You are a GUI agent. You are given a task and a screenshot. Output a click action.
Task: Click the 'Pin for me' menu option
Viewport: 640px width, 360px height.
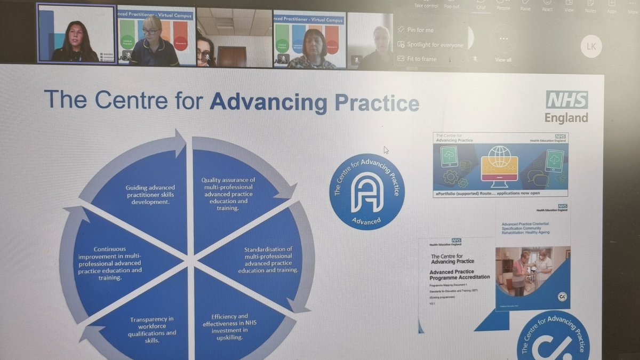pyautogui.click(x=420, y=30)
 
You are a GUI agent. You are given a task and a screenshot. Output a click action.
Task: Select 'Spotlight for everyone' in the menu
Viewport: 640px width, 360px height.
pyautogui.click(x=434, y=45)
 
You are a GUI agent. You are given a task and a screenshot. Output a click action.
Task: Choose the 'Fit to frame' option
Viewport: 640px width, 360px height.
pyautogui.click(x=421, y=59)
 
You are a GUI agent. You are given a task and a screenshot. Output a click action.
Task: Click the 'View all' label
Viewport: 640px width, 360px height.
pyautogui.click(x=503, y=60)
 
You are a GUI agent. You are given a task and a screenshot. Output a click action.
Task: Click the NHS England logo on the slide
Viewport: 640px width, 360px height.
pyautogui.click(x=566, y=107)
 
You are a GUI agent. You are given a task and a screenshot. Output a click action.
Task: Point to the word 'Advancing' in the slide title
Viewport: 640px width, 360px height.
pyautogui.click(x=270, y=102)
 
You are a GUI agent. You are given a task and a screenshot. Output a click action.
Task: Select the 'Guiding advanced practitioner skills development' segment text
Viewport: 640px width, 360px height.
pyautogui.click(x=150, y=195)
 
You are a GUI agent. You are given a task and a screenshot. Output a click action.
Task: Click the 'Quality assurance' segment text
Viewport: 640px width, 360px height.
pyautogui.click(x=228, y=194)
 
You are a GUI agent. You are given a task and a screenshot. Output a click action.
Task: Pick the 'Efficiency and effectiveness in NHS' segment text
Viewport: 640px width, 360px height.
pyautogui.click(x=230, y=326)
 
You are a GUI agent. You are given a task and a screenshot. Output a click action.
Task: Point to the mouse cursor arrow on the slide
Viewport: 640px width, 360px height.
pyautogui.click(x=386, y=150)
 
